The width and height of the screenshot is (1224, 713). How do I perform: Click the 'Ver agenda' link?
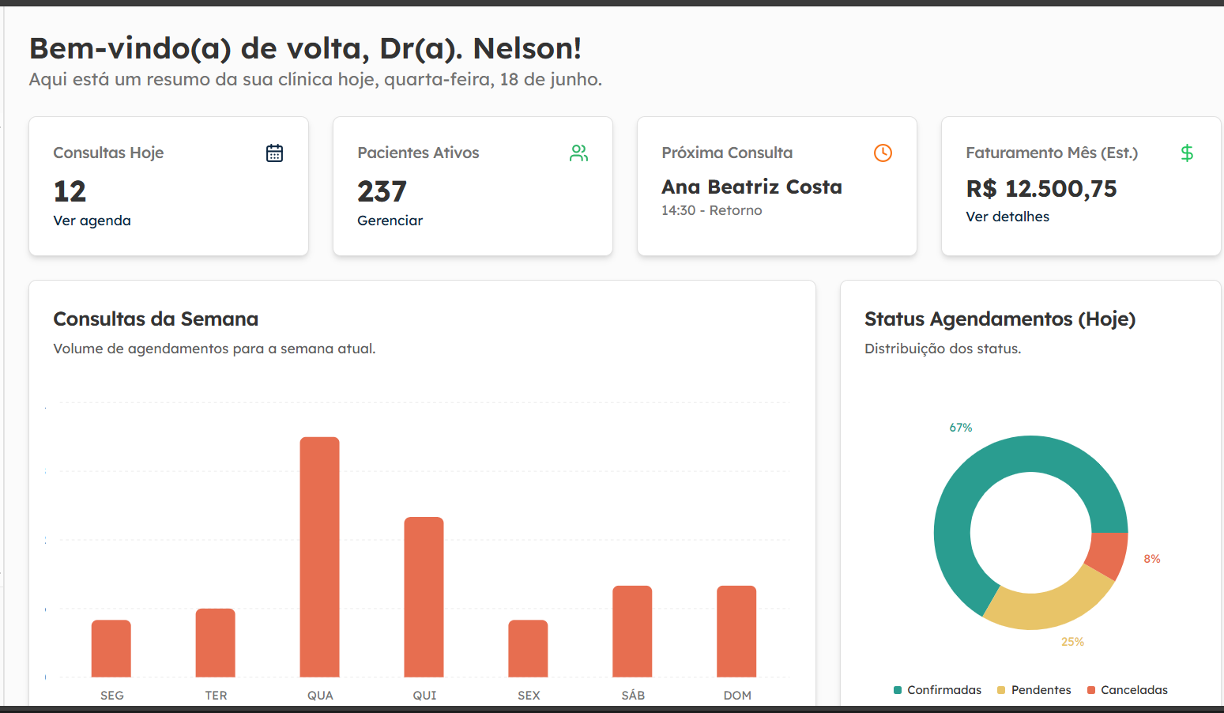[x=92, y=221]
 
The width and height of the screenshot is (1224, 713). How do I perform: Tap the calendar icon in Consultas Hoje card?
[x=274, y=153]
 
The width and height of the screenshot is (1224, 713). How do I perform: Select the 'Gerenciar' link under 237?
[x=390, y=221]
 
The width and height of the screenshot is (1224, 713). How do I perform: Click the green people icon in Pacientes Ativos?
[x=578, y=153]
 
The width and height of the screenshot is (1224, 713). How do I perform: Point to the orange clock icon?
[x=883, y=153]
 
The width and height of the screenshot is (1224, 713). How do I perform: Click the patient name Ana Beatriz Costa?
[x=751, y=187]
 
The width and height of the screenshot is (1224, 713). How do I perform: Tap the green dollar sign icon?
[x=1187, y=153]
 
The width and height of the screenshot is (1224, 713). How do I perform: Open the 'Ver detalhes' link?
[x=1007, y=217]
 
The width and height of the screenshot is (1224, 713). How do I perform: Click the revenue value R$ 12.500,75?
[x=1041, y=189]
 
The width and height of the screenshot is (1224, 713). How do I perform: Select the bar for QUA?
[x=320, y=556]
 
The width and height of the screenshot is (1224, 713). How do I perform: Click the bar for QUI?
[x=424, y=597]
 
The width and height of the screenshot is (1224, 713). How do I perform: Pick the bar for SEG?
[x=111, y=648]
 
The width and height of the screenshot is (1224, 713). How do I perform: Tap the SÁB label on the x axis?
[x=633, y=696]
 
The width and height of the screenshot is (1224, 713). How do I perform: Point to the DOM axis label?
[x=737, y=696]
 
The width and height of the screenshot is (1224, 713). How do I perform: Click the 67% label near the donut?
[x=961, y=428]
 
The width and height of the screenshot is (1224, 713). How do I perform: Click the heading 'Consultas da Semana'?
[x=156, y=319]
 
